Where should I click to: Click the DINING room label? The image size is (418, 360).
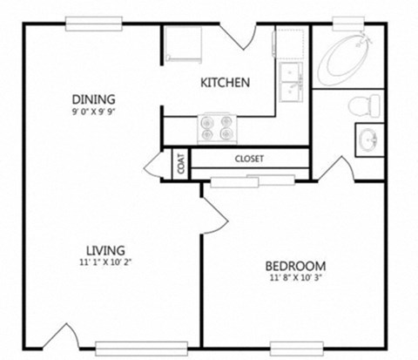pos(93,98)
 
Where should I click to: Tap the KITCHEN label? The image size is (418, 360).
pos(226,83)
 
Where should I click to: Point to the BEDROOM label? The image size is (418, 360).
pos(295,266)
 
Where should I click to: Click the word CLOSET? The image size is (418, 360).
pos(249,159)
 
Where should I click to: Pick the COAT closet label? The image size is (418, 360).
pos(180,165)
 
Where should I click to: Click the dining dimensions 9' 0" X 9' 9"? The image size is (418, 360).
pos(93,112)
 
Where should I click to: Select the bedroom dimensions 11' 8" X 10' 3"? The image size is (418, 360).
pos(295,279)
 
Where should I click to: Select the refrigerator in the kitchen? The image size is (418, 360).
pos(180,44)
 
